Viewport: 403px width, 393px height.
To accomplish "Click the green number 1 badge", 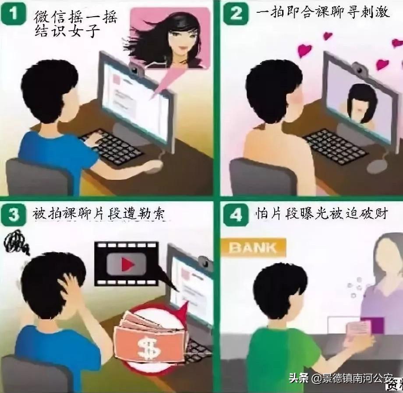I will point(15,14).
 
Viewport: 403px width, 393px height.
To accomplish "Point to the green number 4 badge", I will point(236,215).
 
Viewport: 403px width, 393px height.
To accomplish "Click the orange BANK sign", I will point(253,247).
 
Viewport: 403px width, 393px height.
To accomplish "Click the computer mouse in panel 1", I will point(153,166).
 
